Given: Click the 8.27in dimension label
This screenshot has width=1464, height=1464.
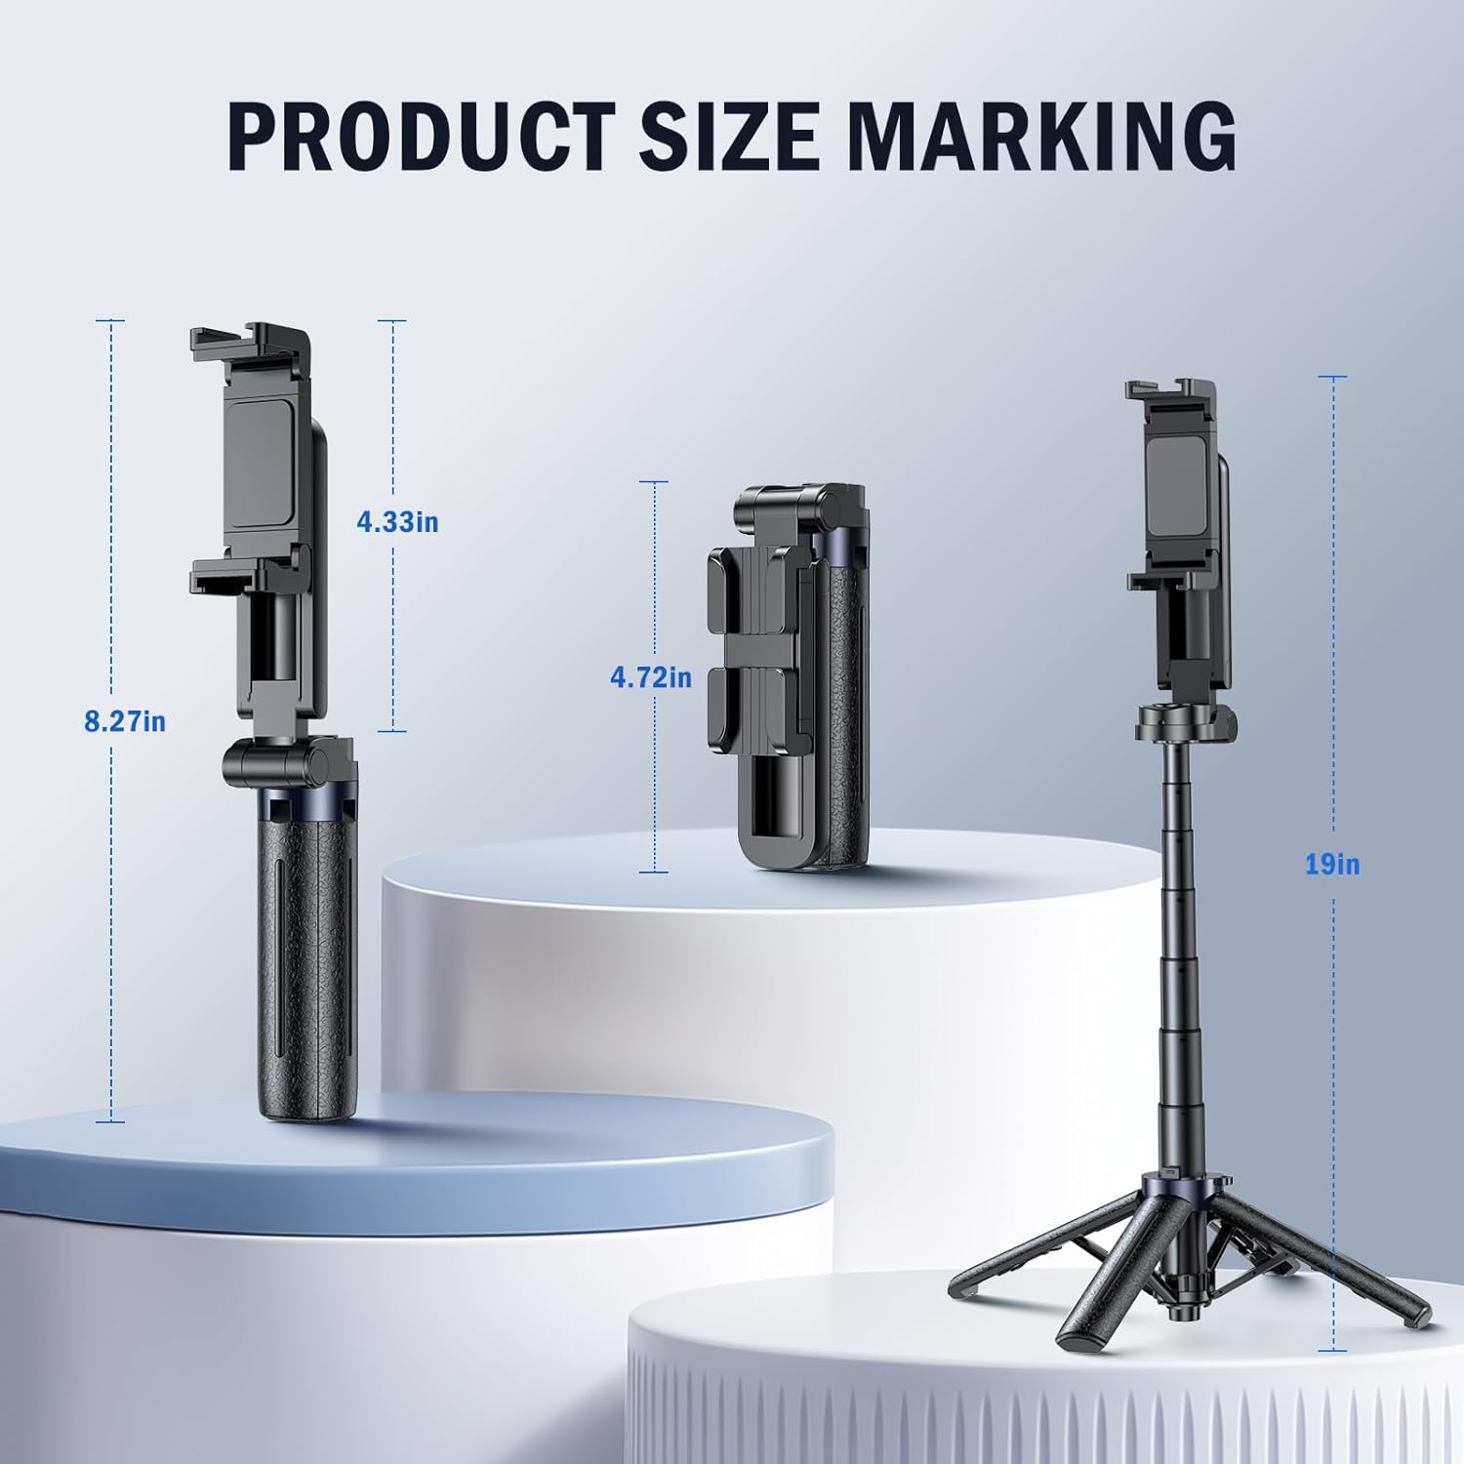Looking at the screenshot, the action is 125,722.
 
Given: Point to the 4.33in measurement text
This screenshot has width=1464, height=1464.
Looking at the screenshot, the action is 397,522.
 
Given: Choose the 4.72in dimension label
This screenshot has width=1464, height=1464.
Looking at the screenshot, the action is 651,676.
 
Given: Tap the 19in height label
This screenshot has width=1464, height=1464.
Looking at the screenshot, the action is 1332,864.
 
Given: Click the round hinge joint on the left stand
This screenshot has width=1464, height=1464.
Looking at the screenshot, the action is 276,764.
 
